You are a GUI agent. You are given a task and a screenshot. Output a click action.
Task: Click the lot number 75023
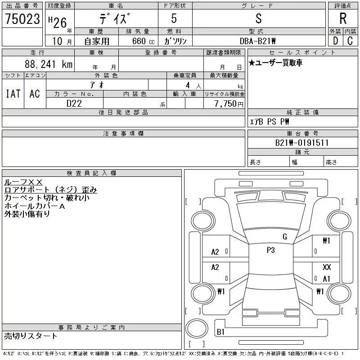tap(22, 18)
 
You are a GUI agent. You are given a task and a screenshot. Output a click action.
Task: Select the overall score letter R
tap(343, 18)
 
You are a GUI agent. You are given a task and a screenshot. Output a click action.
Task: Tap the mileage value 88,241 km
tap(49, 64)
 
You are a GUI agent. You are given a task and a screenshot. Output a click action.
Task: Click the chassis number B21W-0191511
tap(301, 143)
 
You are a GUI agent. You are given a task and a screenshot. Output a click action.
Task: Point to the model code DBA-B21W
tap(257, 41)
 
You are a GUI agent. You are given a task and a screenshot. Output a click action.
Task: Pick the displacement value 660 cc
tap(143, 41)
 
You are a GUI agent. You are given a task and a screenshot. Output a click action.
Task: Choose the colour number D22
tap(74, 103)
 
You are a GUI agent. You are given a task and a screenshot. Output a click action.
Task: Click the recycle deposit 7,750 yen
tap(229, 104)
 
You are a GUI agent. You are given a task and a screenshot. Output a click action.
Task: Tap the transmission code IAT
tap(13, 94)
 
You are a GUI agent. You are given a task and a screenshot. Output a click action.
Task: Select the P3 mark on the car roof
tap(271, 250)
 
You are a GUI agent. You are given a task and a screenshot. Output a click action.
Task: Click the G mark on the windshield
tap(285, 237)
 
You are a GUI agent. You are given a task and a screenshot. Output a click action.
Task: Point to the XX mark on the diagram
tap(327, 267)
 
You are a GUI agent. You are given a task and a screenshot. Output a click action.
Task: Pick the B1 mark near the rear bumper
tap(220, 332)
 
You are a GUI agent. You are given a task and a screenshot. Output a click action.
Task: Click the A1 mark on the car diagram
tap(326, 279)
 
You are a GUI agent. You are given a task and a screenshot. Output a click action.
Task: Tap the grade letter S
tap(258, 18)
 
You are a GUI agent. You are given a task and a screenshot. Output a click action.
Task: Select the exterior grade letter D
tap(335, 41)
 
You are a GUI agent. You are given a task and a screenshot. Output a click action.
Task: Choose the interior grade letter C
tap(350, 41)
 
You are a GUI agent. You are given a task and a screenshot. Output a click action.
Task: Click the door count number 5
tap(174, 18)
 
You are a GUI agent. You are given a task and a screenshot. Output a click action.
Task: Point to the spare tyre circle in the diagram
tap(197, 328)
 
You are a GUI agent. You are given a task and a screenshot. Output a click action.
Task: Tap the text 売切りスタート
tap(30, 336)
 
